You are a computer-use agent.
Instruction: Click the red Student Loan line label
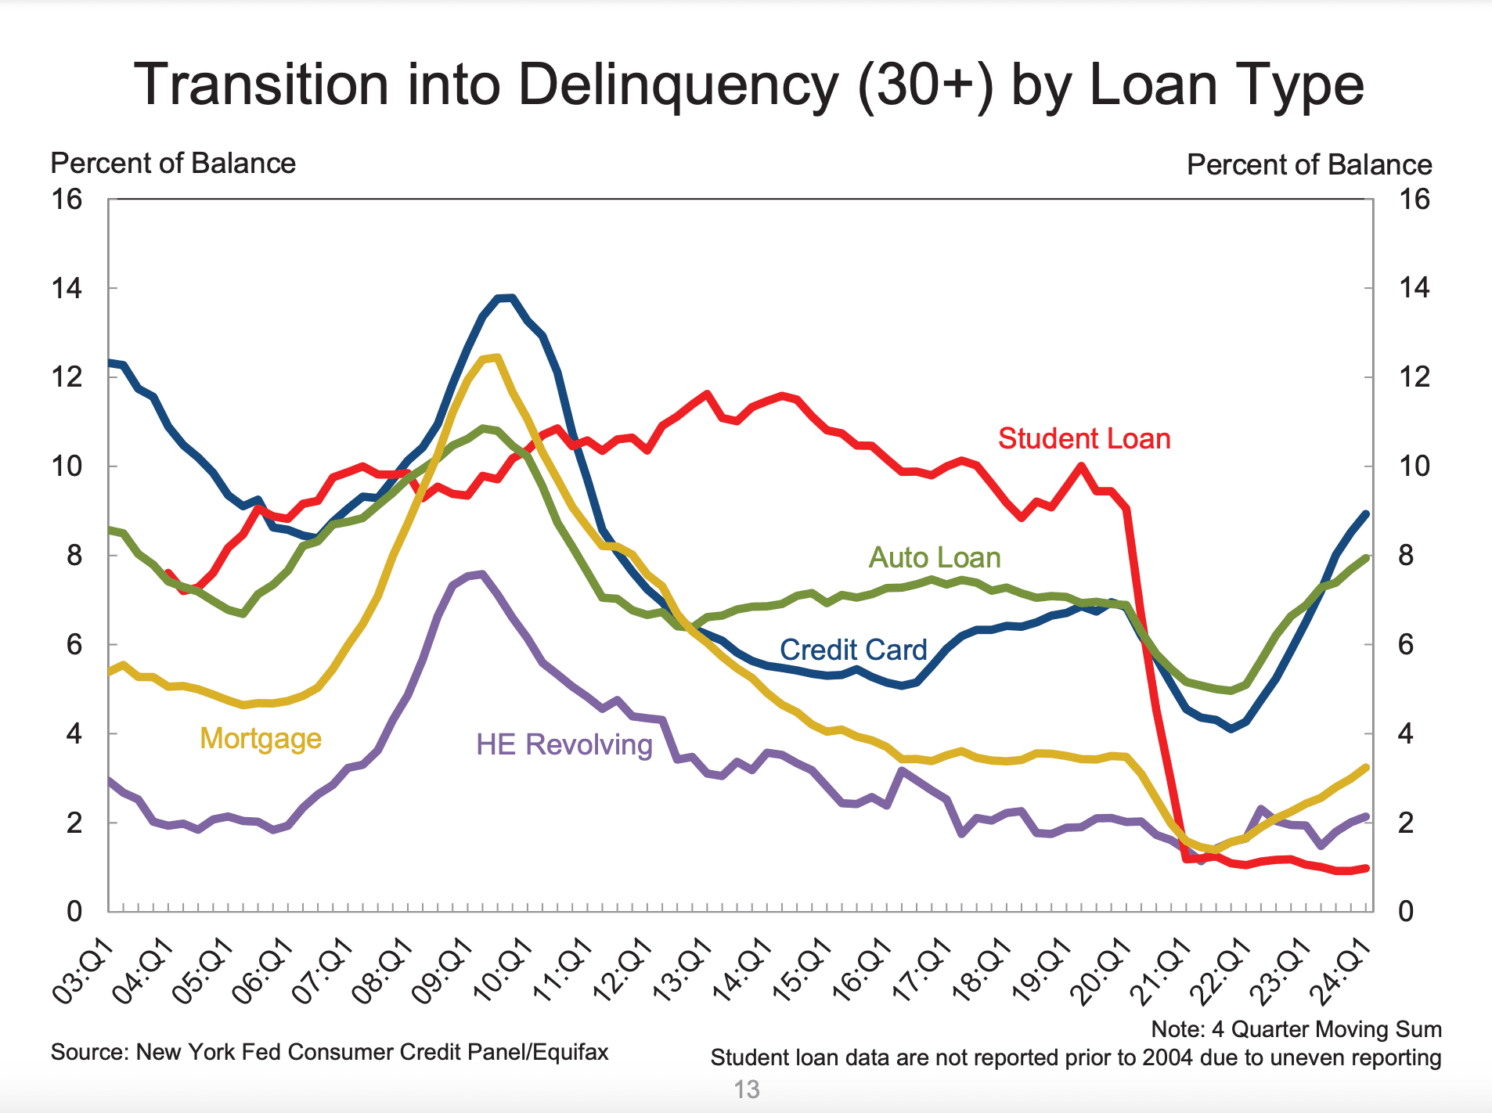[x=1084, y=439]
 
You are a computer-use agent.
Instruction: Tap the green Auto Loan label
[x=935, y=558]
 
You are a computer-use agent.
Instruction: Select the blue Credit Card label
[x=853, y=650]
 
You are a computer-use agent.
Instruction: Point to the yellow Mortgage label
[x=261, y=738]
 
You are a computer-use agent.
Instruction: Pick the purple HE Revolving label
[x=564, y=744]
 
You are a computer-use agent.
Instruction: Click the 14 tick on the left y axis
[x=67, y=289]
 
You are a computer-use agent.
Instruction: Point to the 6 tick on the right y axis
[x=1406, y=645]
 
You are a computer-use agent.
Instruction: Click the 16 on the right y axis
[x=1414, y=200]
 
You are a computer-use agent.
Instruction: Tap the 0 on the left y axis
[x=74, y=912]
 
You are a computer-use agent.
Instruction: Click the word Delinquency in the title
[x=678, y=85]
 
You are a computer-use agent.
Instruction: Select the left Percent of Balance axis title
[x=173, y=164]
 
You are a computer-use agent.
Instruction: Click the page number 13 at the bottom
[x=747, y=1090]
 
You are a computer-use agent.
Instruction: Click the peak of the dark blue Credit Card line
[x=506, y=297]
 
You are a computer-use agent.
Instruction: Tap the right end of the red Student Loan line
[x=1366, y=868]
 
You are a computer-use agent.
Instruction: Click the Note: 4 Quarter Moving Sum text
[x=1296, y=1029]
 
